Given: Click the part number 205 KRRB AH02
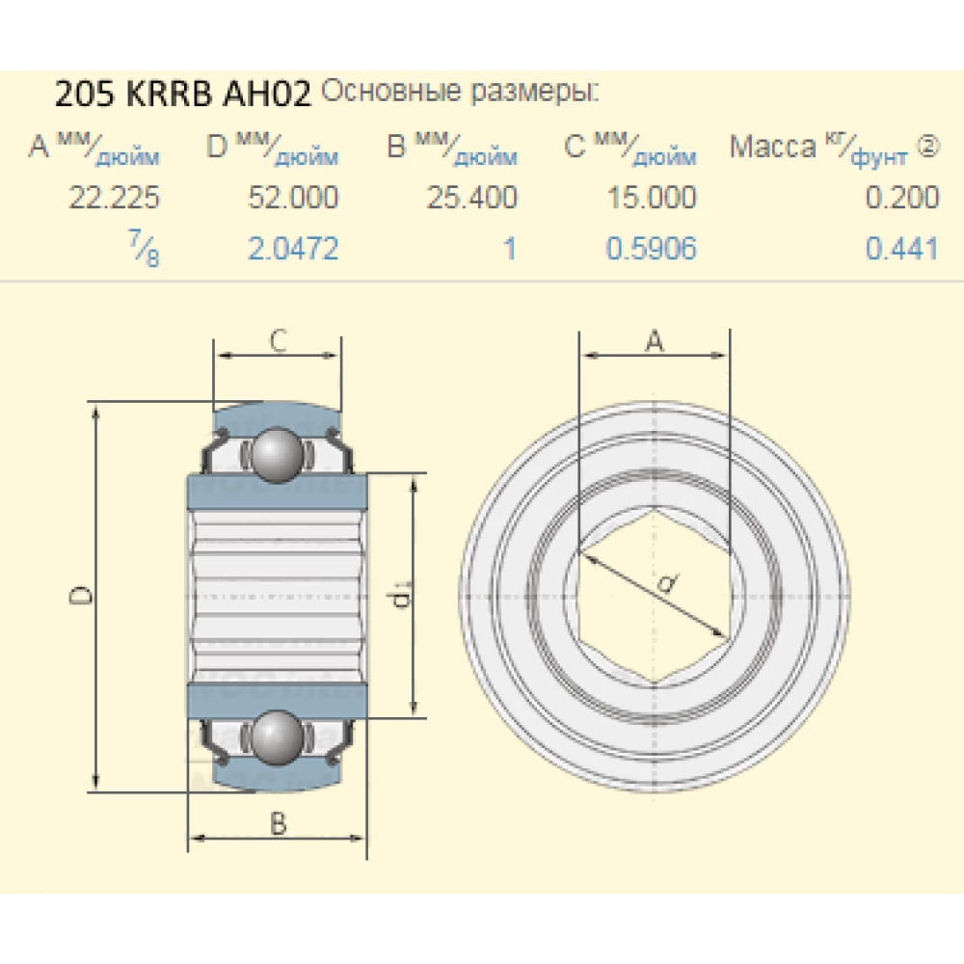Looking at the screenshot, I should [182, 95].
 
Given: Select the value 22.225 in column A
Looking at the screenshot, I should [114, 199].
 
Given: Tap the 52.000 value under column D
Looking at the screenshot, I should [293, 199].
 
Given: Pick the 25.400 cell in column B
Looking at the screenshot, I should [471, 199].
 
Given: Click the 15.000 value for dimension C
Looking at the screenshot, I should [651, 199].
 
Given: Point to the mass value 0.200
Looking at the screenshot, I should [901, 199].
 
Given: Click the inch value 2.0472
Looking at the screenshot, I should [293, 249].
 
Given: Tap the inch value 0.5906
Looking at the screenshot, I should [651, 249].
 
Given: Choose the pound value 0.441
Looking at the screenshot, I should [901, 249].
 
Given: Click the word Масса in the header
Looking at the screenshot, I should [772, 147].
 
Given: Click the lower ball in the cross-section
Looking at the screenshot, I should [278, 737].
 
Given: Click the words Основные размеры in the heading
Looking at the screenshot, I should [459, 94].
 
